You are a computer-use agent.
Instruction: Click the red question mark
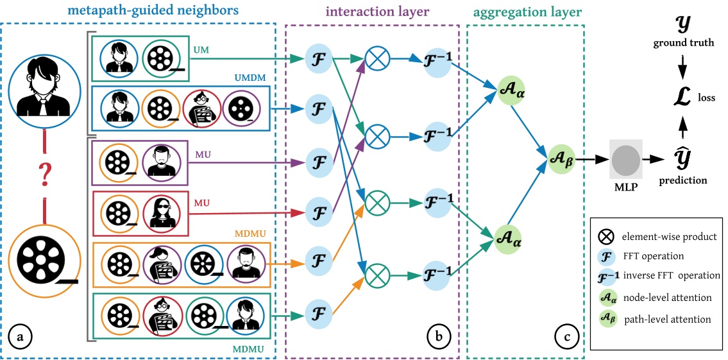(44, 173)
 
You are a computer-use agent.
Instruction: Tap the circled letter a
(20, 336)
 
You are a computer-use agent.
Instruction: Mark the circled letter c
(567, 336)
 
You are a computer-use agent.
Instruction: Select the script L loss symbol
(683, 98)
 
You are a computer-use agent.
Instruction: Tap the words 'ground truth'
(683, 42)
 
